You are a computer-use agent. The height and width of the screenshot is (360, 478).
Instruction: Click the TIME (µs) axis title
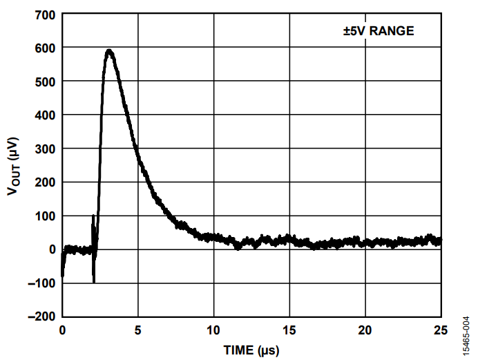point(251,350)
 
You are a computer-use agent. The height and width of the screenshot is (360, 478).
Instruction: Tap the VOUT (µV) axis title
point(15,165)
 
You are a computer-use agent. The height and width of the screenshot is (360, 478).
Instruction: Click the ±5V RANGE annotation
point(379,31)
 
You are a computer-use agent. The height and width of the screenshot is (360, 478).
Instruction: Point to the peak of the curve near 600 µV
point(108,50)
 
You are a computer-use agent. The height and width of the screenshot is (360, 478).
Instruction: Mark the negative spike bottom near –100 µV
point(94,281)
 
